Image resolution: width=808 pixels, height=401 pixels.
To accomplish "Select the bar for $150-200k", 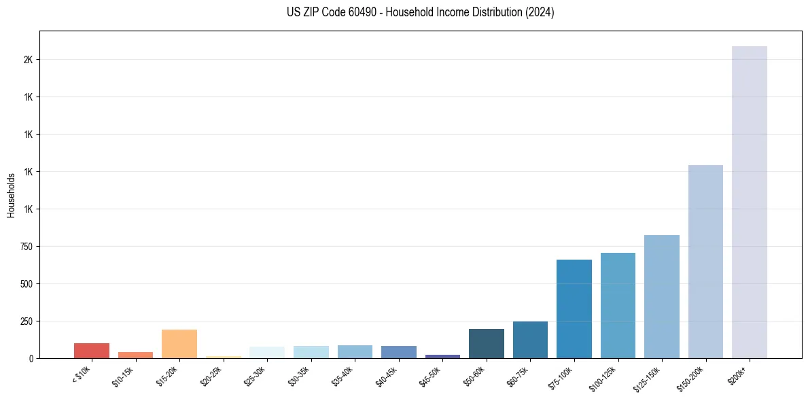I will (x=705, y=262).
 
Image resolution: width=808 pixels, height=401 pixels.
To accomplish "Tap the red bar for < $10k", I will (x=92, y=351).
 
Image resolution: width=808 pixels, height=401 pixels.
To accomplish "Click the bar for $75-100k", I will (x=574, y=309).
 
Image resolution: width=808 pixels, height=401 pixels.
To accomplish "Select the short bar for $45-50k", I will (x=442, y=356).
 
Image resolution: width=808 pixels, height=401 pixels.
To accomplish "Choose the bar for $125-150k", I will (x=661, y=296).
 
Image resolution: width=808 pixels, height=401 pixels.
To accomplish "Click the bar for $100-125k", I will (x=618, y=305).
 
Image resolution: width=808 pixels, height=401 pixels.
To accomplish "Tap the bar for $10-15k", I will (x=135, y=355).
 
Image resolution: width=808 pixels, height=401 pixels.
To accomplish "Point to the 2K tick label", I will (x=28, y=60).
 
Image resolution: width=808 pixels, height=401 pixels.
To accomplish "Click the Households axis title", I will (x=11, y=194).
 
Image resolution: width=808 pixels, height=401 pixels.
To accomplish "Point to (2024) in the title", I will (x=537, y=12).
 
